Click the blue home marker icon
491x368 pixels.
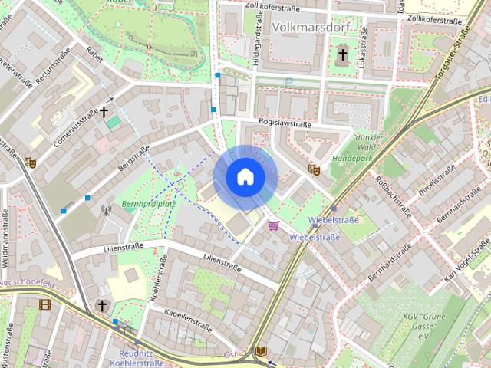coord(245,176)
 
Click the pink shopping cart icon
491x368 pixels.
coord(274,225)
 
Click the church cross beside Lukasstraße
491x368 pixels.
coord(342,54)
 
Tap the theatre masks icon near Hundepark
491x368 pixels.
coord(313,169)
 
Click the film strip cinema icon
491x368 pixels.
coord(44,304)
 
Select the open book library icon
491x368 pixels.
coord(261,351)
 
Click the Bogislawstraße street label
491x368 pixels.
coord(285,123)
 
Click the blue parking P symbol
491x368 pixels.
coord(288,82)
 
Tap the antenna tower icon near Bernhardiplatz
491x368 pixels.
coord(107,209)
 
